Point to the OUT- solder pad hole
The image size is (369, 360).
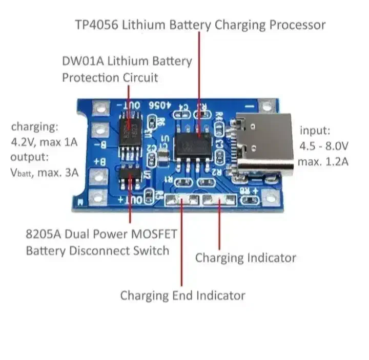[100, 108]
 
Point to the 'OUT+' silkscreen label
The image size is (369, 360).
[128, 199]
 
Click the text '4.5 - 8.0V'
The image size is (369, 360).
[325, 146]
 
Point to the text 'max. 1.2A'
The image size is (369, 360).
[324, 162]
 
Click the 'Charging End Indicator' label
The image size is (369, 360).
[182, 295]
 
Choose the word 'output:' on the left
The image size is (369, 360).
[29, 157]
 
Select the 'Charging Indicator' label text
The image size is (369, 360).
[245, 258]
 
